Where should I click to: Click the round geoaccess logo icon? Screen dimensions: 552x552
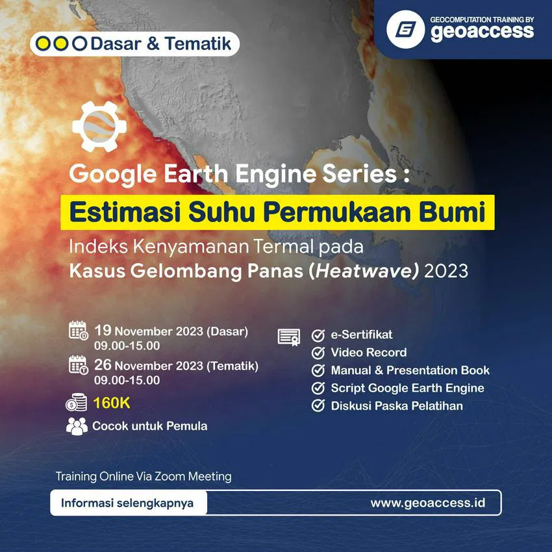(x=405, y=29)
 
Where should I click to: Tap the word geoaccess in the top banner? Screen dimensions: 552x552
(x=483, y=32)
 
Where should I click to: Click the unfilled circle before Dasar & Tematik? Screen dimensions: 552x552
(x=80, y=44)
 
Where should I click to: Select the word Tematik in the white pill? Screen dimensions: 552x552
(x=198, y=44)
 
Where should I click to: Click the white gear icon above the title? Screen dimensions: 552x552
(x=99, y=127)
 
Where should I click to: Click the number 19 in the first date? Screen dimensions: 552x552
(x=103, y=330)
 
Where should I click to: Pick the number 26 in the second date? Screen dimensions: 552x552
(x=103, y=365)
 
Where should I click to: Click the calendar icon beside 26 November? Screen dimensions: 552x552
(x=78, y=365)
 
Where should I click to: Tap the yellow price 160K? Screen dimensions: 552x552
(x=112, y=403)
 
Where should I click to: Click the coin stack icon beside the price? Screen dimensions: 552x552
(x=77, y=403)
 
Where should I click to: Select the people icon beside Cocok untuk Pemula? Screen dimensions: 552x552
(x=77, y=426)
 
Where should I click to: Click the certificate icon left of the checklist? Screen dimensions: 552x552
(x=289, y=337)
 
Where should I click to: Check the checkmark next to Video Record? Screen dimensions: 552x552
(x=318, y=353)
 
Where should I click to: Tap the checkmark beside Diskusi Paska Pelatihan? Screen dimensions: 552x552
(x=318, y=405)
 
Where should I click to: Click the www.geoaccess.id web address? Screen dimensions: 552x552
(x=428, y=503)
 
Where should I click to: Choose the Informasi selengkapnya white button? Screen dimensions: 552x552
(x=129, y=503)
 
